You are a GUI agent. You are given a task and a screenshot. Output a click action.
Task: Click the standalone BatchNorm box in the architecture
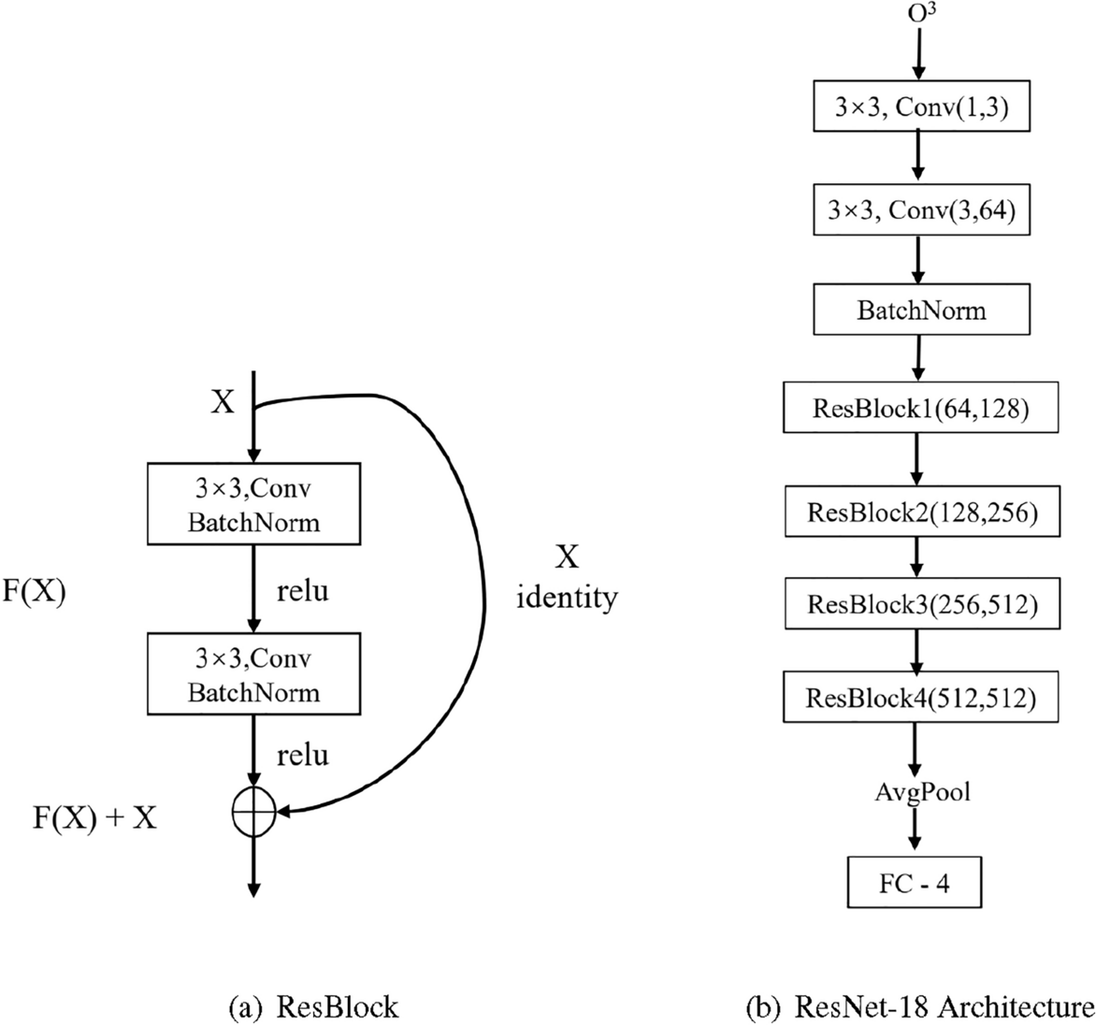(921, 310)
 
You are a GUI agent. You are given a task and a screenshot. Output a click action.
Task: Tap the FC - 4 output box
(915, 883)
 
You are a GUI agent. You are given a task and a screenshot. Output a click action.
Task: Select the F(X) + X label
(91, 820)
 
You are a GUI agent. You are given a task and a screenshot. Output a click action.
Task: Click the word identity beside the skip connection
(568, 597)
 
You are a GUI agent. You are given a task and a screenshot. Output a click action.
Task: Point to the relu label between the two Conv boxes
(302, 592)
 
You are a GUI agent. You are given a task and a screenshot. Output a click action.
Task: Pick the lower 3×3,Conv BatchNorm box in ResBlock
(252, 674)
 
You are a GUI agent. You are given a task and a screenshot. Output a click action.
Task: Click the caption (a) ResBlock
(313, 1007)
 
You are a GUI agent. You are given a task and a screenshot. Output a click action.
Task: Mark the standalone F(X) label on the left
(35, 595)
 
